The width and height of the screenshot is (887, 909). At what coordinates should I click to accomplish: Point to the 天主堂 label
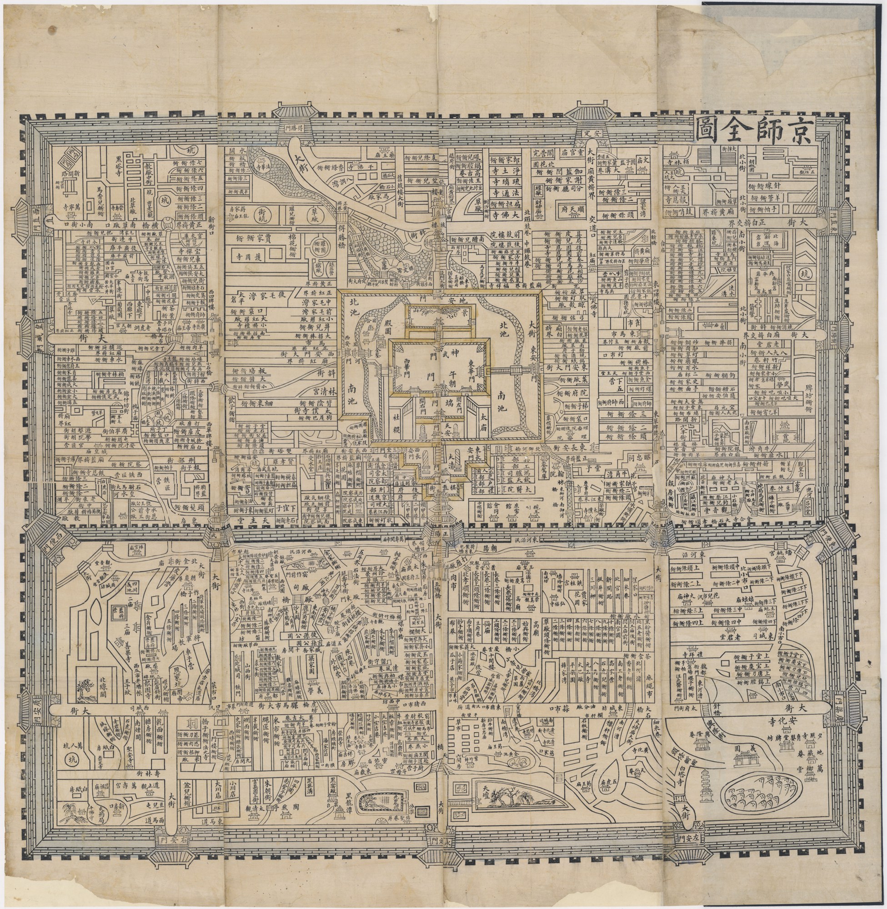click(259, 518)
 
